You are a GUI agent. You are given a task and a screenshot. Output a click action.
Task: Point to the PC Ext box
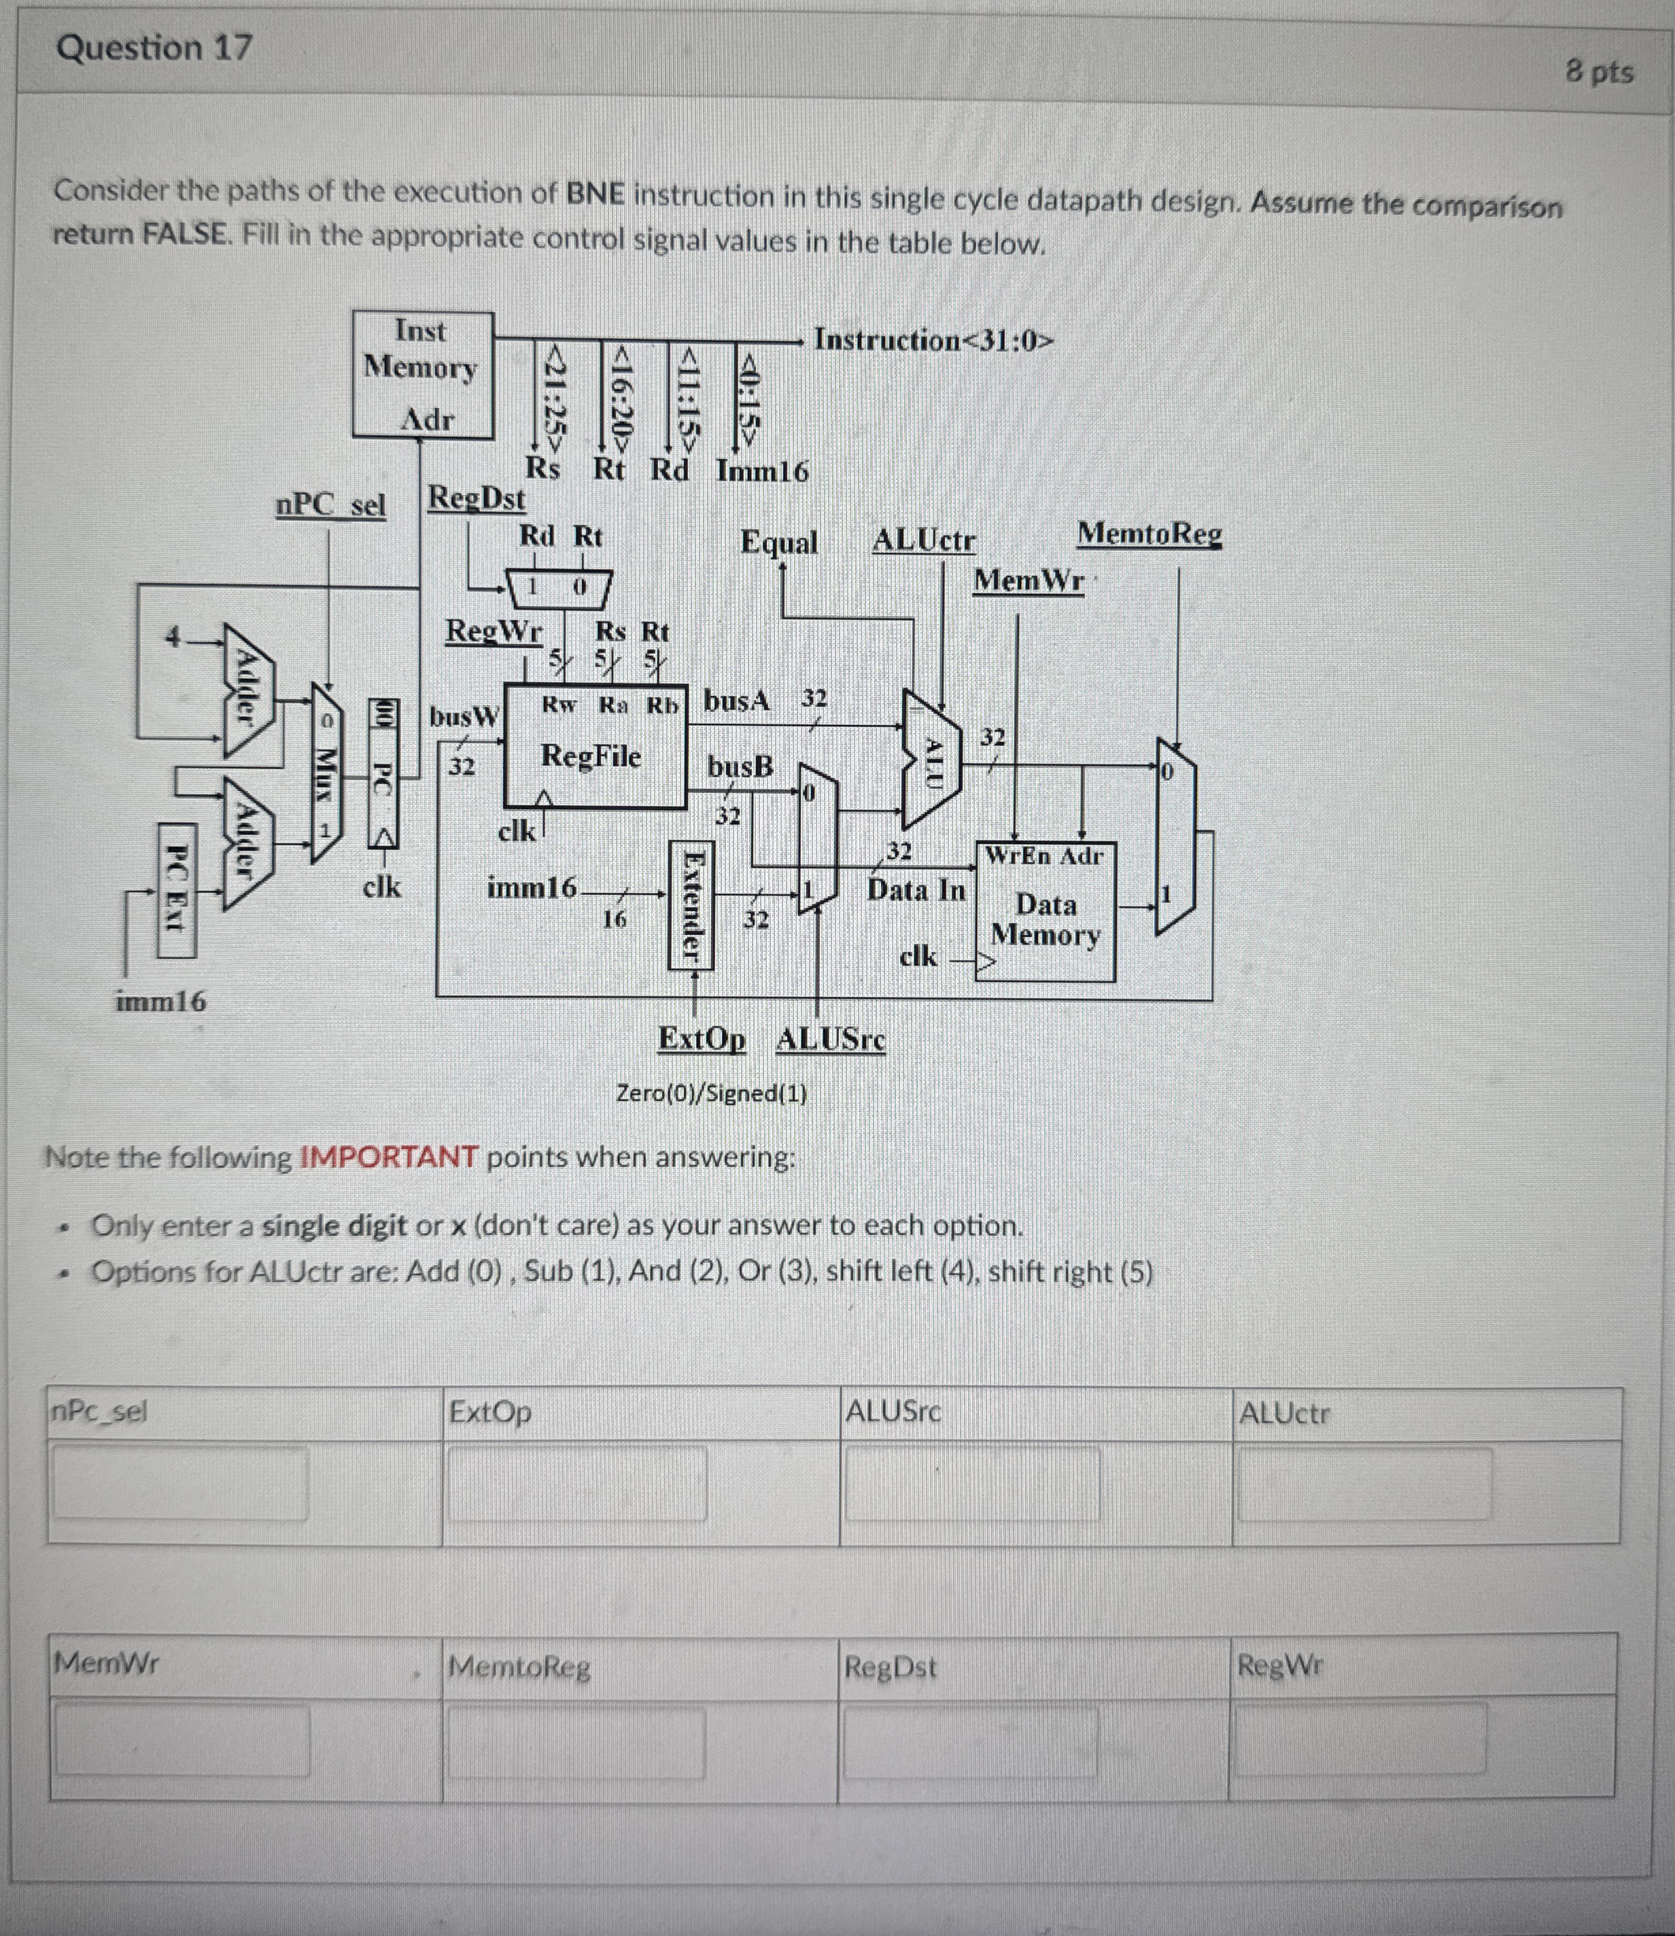point(177,890)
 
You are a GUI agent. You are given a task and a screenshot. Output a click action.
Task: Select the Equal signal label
point(778,542)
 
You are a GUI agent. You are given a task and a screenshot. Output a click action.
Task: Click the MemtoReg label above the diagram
point(1149,534)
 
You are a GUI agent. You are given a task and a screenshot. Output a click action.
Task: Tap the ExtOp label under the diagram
point(702,1038)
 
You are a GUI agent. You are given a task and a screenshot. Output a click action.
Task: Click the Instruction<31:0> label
point(933,339)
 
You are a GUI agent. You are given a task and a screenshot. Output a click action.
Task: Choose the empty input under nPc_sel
point(179,1482)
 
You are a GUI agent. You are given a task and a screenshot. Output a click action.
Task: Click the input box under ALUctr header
point(1365,1484)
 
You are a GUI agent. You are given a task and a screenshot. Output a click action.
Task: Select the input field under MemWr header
point(182,1739)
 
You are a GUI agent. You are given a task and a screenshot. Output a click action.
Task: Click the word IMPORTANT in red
point(389,1157)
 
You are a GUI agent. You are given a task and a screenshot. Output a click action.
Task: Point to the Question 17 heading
point(154,48)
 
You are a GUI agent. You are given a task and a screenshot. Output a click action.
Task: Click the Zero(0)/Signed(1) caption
point(712,1093)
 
